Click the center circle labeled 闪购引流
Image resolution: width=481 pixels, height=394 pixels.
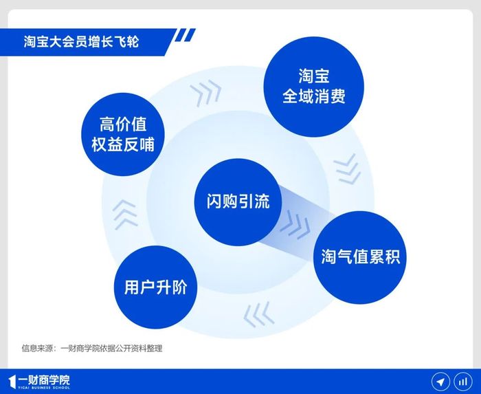pos(238,202)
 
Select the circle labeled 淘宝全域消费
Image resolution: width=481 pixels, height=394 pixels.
pos(314,87)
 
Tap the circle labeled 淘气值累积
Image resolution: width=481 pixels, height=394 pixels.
pos(360,257)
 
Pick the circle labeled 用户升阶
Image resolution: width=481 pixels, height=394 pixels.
pos(155,287)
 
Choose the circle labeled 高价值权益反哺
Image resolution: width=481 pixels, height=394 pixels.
pos(123,134)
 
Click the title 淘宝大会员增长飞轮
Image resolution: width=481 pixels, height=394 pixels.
pos(81,42)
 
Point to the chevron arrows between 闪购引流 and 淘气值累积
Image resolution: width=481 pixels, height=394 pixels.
pos(295,225)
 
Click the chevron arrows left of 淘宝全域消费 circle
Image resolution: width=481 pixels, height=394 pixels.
pos(206,93)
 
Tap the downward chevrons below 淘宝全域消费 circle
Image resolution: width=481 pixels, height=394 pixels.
pos(347,169)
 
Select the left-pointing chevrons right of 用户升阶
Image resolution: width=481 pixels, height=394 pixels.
pos(258,314)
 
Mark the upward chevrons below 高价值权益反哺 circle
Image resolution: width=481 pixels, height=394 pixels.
pos(125,215)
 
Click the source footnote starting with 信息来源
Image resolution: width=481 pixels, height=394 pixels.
pos(91,349)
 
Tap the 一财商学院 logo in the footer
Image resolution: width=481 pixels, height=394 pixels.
pos(39,382)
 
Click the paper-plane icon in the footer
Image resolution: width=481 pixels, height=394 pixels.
pos(440,382)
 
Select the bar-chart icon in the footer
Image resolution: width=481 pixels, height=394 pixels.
pos(463,382)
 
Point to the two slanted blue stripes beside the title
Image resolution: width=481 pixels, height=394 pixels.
pos(185,35)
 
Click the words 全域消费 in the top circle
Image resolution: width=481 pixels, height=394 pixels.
pos(314,96)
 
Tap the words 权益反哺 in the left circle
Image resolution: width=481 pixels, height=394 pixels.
pos(123,144)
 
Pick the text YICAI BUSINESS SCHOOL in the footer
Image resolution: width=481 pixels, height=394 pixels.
pos(44,388)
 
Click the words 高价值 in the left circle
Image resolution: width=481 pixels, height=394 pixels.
pos(123,124)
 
